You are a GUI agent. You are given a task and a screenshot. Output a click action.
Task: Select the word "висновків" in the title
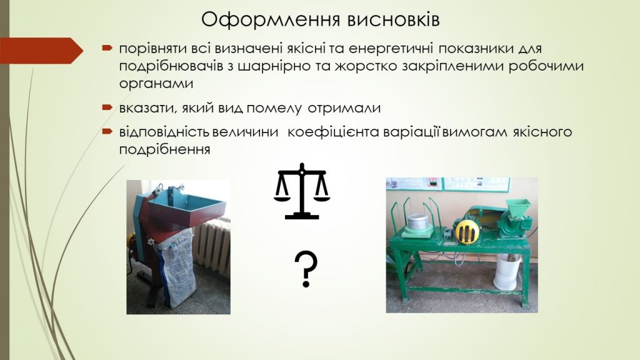pos(394,19)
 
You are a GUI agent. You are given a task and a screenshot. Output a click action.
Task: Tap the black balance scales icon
pos(302,191)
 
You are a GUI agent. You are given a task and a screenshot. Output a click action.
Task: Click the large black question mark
pos(306,269)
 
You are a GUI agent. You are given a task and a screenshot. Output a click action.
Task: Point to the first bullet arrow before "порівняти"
pos(107,48)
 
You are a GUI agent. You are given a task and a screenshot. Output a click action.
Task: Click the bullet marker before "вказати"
pos(107,107)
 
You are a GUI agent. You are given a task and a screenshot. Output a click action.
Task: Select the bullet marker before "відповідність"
pos(107,131)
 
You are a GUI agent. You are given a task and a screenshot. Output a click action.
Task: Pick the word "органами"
pos(156,84)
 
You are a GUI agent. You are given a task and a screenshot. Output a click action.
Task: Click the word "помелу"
pos(274,108)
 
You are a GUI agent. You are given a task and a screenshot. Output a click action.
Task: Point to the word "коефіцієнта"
pos(333,132)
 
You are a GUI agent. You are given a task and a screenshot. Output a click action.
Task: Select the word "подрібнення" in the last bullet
pos(164,149)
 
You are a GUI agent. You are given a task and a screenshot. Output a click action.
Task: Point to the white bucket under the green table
pos(507,271)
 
